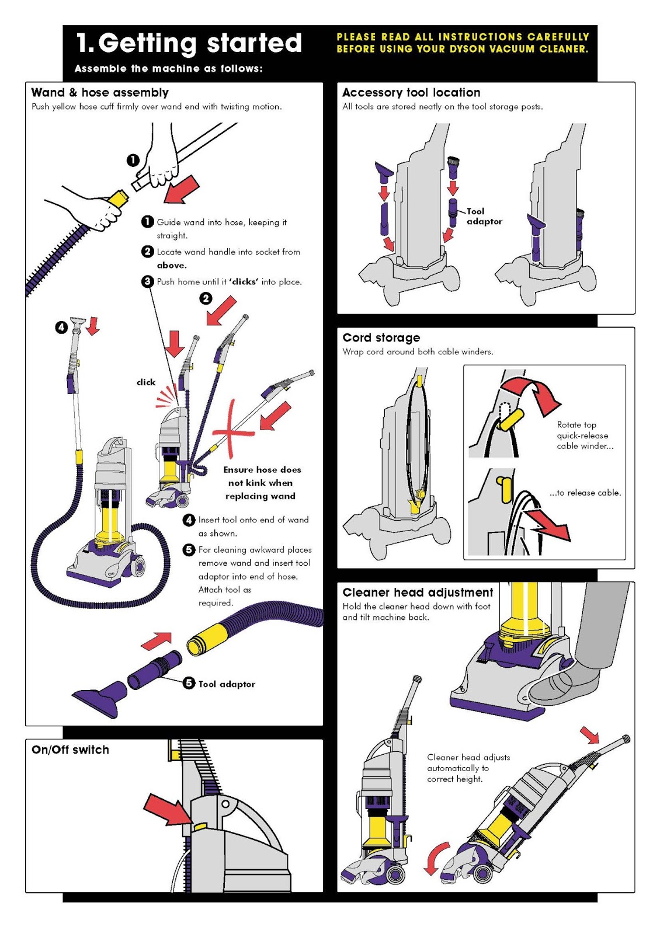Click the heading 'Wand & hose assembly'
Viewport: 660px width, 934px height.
(100, 92)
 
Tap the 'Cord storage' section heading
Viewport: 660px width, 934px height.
(381, 337)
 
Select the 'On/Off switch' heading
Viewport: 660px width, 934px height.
(70, 750)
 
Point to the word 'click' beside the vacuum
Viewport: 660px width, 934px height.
(146, 382)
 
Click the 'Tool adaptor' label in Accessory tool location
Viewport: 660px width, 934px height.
(484, 217)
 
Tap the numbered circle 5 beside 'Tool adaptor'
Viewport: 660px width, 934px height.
(189, 683)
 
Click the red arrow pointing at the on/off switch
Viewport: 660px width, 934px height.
(166, 809)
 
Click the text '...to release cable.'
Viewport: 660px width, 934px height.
(585, 493)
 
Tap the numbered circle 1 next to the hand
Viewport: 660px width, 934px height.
(133, 159)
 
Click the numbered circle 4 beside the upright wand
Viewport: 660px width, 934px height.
(61, 327)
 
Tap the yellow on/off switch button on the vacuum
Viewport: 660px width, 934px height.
(200, 827)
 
